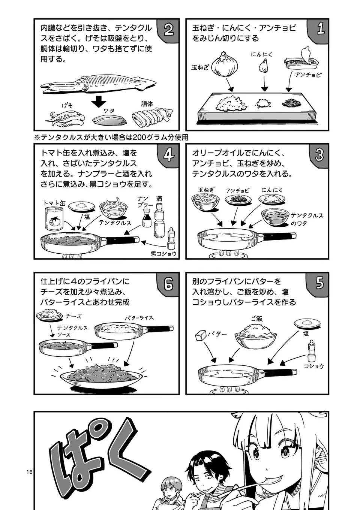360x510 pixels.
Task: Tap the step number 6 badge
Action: coord(169,284)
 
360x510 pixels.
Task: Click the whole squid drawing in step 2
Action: coord(99,83)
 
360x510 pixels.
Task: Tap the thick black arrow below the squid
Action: coord(99,101)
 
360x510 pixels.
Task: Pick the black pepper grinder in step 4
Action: coord(171,239)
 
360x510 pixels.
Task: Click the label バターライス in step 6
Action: coord(139,318)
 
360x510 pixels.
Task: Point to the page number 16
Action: coord(30,472)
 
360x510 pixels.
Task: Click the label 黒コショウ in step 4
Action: coord(163,254)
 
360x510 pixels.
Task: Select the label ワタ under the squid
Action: coord(109,111)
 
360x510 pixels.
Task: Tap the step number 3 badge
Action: coord(319,154)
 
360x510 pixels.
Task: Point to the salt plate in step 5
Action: coord(308,323)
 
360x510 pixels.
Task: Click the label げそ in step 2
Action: coord(67,106)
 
